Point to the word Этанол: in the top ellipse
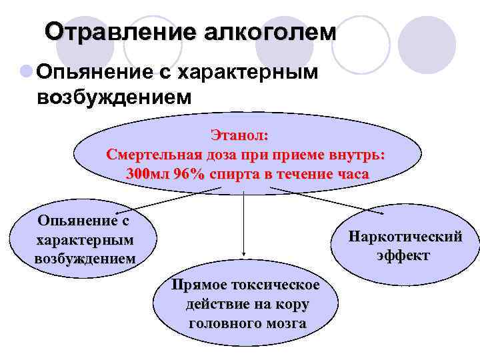click(x=240, y=135)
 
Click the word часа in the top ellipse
click(x=350, y=175)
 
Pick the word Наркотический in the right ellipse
click(x=405, y=237)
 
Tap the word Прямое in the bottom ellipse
click(x=199, y=286)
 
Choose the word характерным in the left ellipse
click(x=84, y=239)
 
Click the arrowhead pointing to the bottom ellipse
click(x=244, y=255)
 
